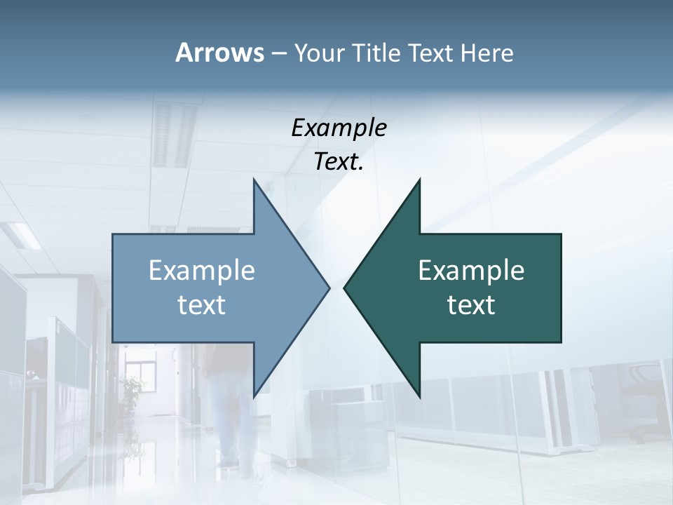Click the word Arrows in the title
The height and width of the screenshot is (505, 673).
pyautogui.click(x=219, y=53)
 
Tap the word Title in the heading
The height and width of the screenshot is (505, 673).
pyautogui.click(x=377, y=53)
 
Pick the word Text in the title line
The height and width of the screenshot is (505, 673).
pyautogui.click(x=431, y=53)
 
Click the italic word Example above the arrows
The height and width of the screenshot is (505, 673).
pyautogui.click(x=339, y=128)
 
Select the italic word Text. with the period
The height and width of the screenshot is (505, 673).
pyautogui.click(x=339, y=162)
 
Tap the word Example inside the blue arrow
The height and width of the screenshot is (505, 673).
pyautogui.click(x=202, y=270)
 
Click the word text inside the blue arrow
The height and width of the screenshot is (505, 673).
pyautogui.click(x=202, y=304)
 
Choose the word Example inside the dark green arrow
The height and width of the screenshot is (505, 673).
pyautogui.click(x=471, y=270)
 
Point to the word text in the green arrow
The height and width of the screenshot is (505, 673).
pyautogui.click(x=471, y=304)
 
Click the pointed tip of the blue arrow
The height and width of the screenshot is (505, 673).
pyautogui.click(x=328, y=288)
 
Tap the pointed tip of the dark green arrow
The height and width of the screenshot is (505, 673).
pyautogui.click(x=346, y=288)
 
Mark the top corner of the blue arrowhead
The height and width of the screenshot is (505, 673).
pyautogui.click(x=254, y=180)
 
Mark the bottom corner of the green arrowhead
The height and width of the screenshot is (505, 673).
pyautogui.click(x=419, y=396)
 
